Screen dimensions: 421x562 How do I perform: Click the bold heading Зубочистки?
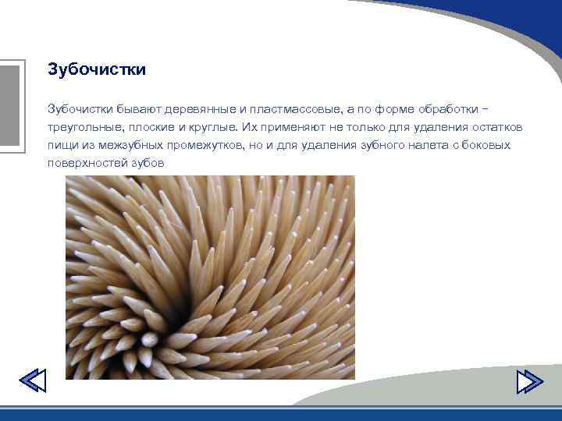pos(97,70)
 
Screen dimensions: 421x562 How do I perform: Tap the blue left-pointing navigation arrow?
pos(32,381)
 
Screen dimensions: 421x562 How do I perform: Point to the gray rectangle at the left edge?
pos(9,105)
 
